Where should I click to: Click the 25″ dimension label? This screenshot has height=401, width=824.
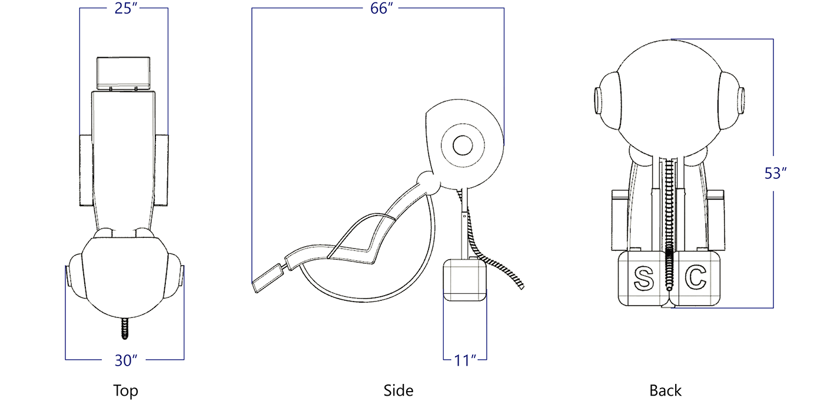pos(124,9)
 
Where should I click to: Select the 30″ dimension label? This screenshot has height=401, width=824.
pos(125,360)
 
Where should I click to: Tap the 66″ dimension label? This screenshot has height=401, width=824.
pos(382,9)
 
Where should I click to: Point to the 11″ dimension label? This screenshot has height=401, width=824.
pos(465,360)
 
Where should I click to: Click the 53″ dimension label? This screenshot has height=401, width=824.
pos(776,174)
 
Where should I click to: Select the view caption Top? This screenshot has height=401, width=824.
pos(125,390)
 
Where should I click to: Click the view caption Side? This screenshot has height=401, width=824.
pos(398,390)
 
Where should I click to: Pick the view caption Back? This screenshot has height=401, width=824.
pos(666,390)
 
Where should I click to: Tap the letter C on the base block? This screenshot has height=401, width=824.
pos(695,277)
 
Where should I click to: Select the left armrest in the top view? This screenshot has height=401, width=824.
pos(86,170)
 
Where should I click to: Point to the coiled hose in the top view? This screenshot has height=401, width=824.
pos(125,329)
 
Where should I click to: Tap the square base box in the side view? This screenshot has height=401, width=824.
pos(464,281)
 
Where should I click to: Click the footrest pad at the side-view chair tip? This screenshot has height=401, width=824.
pos(267,278)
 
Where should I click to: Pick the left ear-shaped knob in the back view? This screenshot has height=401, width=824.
pos(606,101)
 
